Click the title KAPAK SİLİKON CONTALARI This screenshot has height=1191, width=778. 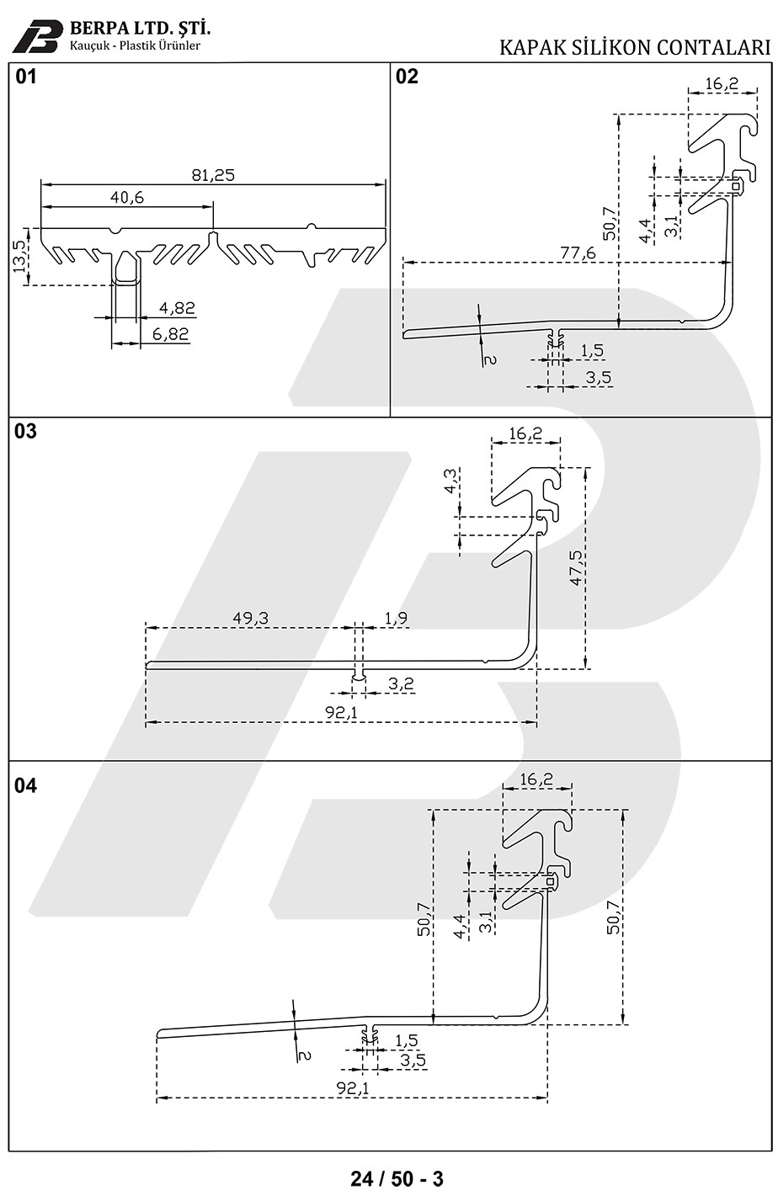[x=635, y=46]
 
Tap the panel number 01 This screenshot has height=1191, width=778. [x=27, y=77]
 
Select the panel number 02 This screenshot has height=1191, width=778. [x=407, y=77]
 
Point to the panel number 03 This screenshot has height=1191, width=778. [x=26, y=431]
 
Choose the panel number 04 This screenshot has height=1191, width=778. [x=26, y=785]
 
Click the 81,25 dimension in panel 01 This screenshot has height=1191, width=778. [x=212, y=175]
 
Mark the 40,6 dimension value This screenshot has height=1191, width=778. [x=127, y=197]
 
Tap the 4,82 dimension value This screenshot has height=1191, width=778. [x=175, y=309]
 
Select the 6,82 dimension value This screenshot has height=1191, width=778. [x=171, y=334]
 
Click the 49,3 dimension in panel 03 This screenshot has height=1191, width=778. [x=250, y=618]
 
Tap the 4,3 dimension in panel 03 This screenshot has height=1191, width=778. [x=452, y=482]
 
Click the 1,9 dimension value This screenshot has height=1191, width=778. [x=396, y=619]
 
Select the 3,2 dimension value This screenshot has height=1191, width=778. [x=402, y=683]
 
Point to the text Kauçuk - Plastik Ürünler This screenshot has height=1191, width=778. [x=135, y=45]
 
